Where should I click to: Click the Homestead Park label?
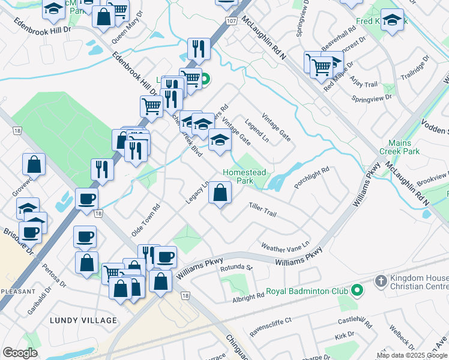coord(244,176)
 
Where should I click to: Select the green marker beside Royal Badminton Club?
coord(357,292)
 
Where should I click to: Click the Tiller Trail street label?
coord(262,209)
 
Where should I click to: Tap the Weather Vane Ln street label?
coord(285,246)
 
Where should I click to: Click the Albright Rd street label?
coord(249,296)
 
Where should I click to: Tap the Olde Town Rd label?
coord(146,221)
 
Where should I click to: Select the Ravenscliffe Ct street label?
coord(271,321)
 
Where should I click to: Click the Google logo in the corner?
coord(20,353)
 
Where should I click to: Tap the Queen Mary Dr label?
coord(127,29)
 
